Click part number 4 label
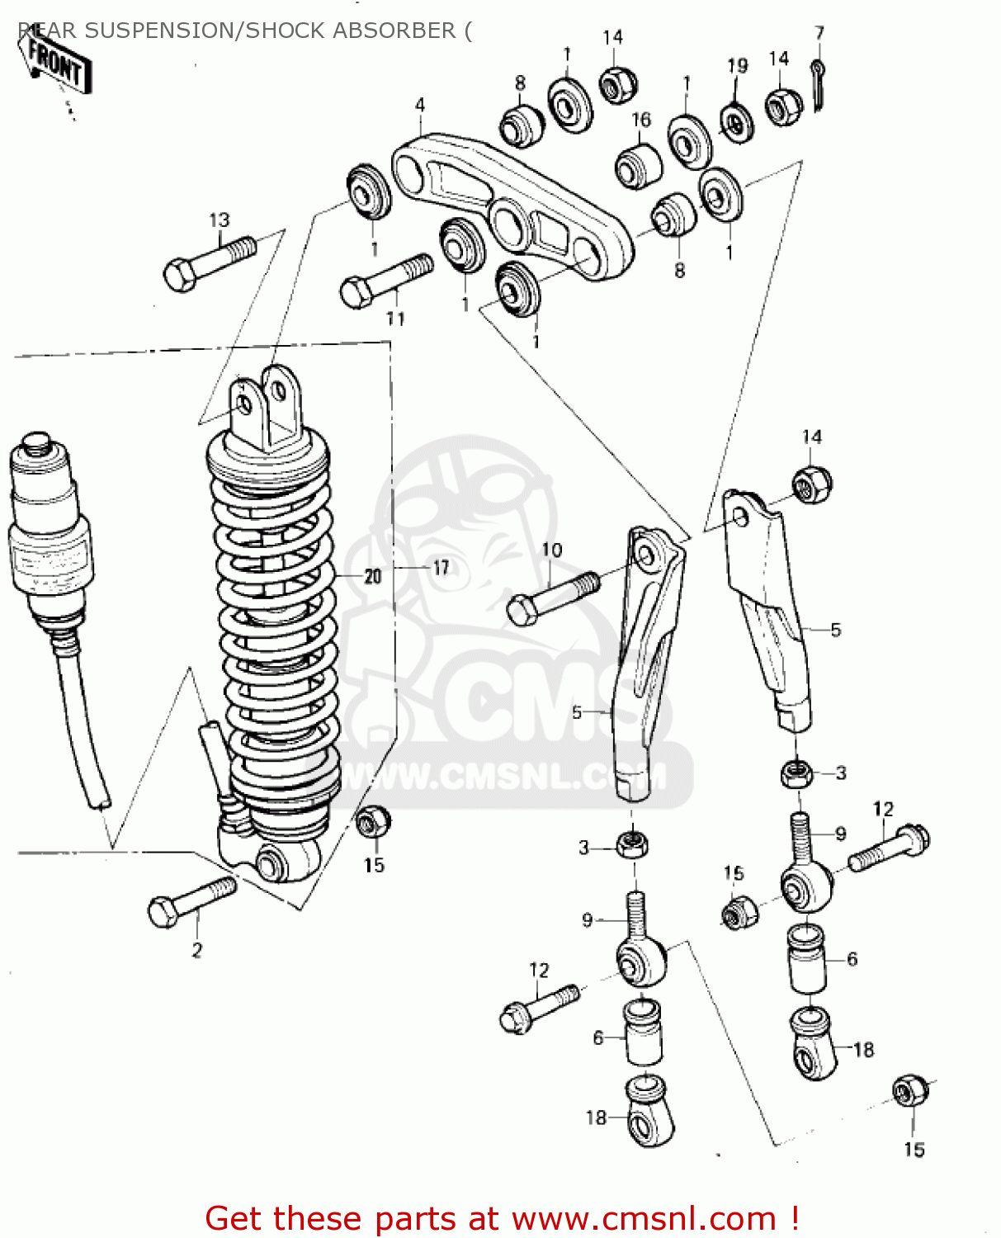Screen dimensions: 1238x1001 [420, 105]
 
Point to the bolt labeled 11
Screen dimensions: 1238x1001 [385, 280]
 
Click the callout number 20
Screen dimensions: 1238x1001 [373, 575]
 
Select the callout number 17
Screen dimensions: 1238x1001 [441, 567]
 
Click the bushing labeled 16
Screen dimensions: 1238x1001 [639, 165]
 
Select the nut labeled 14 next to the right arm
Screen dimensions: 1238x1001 [812, 484]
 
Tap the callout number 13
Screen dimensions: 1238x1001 [219, 220]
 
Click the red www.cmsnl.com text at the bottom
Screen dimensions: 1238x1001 [644, 1218]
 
